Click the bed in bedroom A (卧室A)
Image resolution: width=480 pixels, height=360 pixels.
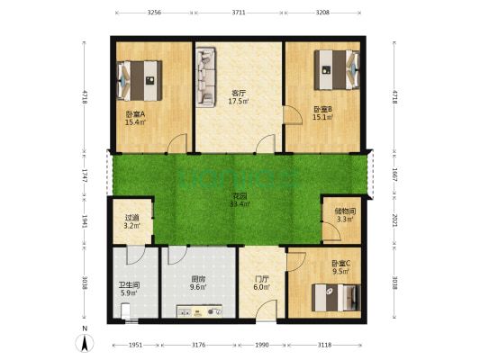tap(139, 80)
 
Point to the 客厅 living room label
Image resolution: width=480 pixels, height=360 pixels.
tap(239, 92)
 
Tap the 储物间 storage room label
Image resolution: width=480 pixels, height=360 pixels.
tap(345, 211)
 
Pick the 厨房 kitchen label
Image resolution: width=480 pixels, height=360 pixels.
tap(199, 280)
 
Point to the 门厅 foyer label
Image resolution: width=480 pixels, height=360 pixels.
tap(262, 279)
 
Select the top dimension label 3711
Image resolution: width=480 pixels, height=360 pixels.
tap(239, 13)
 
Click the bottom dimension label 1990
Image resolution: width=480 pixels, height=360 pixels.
tap(262, 345)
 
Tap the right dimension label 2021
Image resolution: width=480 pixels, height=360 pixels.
tap(394, 220)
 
